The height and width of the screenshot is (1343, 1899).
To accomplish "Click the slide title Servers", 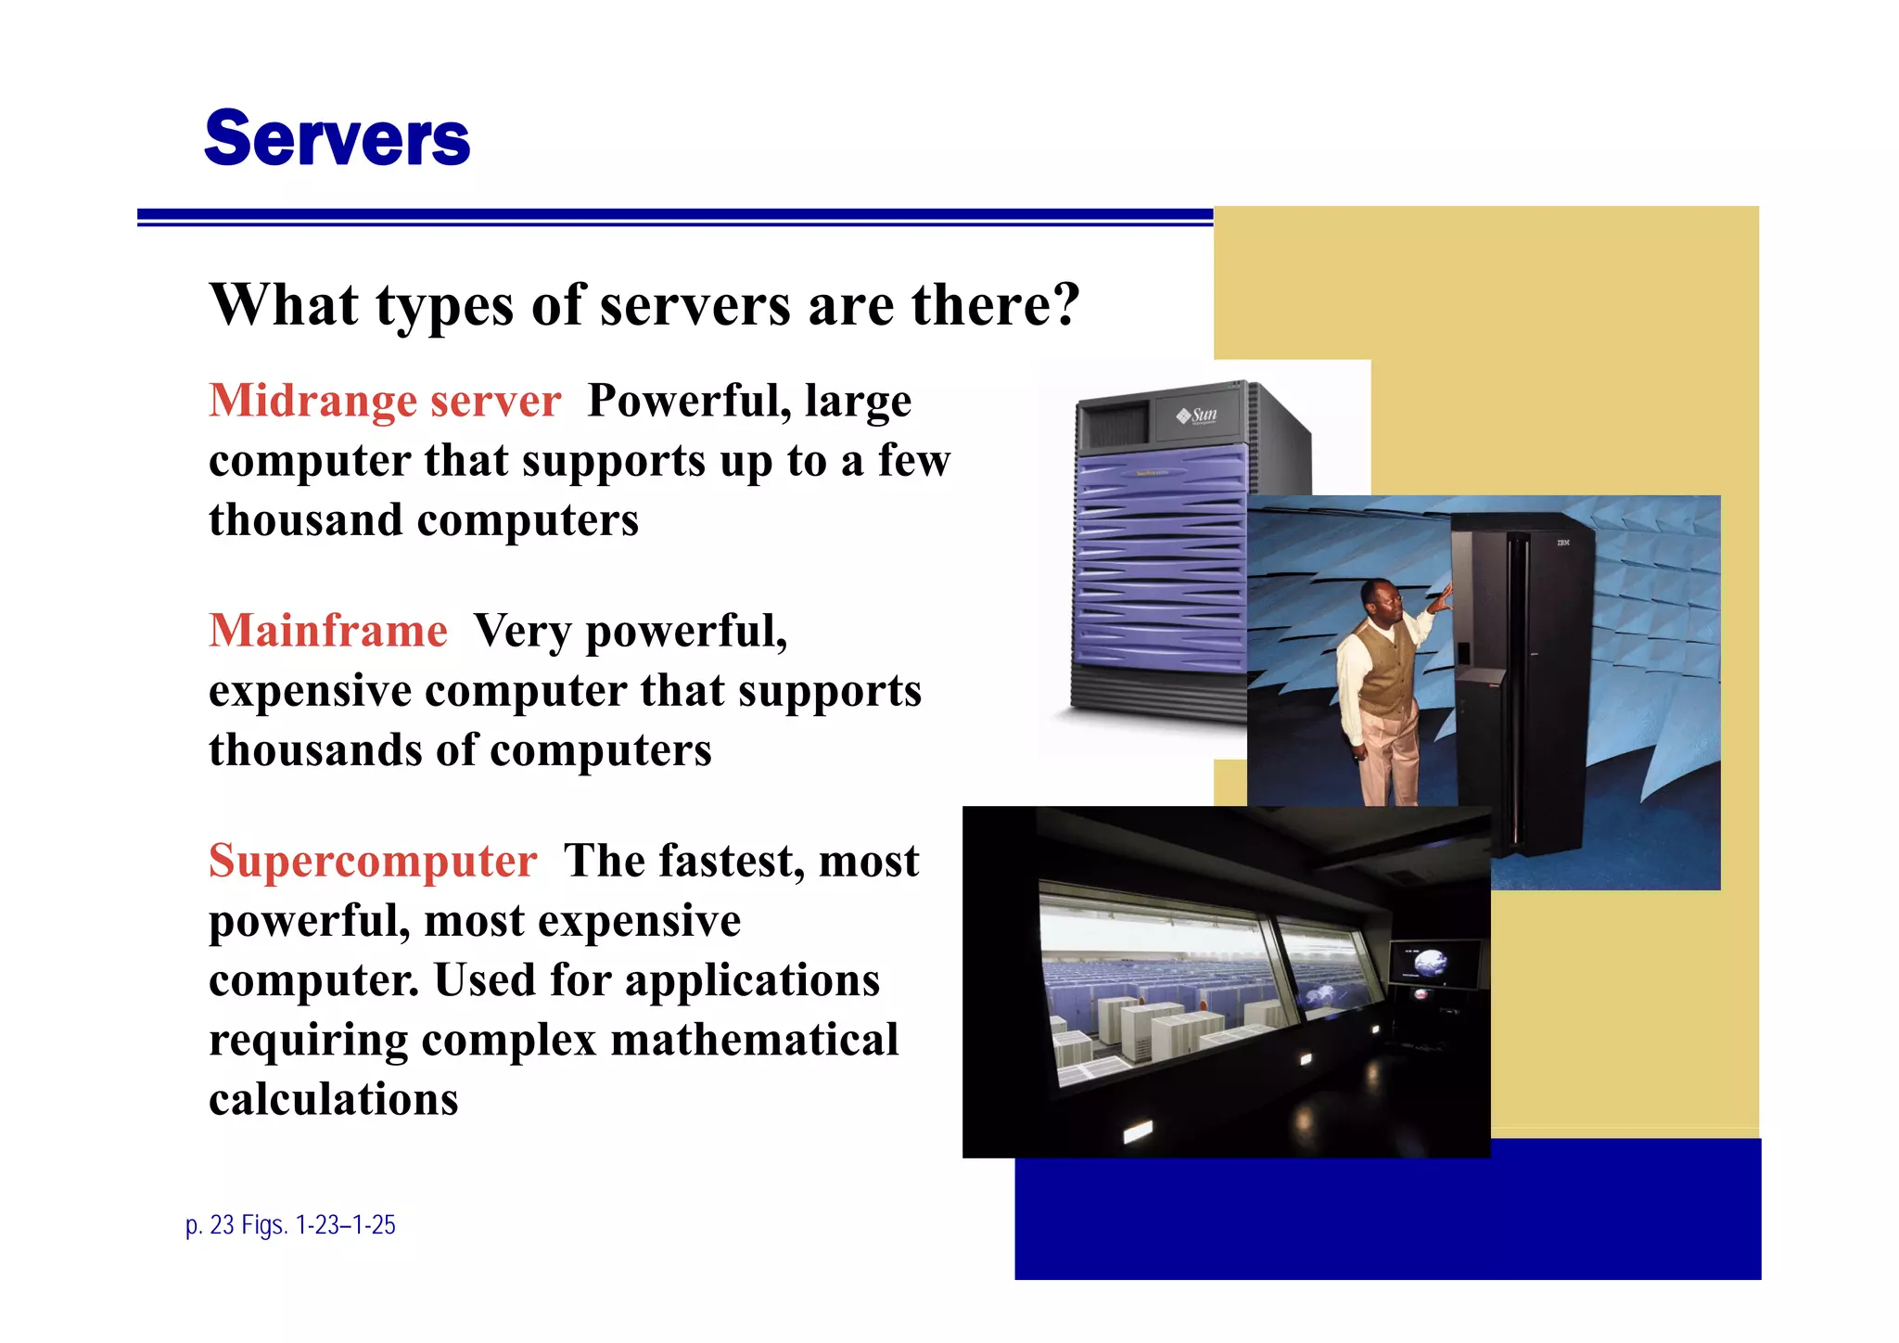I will pyautogui.click(x=337, y=139).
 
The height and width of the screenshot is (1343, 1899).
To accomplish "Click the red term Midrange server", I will pyautogui.click(x=385, y=402).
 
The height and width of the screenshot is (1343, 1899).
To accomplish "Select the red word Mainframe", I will pyautogui.click(x=328, y=632).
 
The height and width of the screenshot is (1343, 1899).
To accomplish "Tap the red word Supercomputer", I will pyautogui.click(x=373, y=862).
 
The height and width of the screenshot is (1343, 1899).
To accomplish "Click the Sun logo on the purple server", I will pyautogui.click(x=1197, y=416).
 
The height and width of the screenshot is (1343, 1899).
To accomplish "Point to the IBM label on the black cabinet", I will pyautogui.click(x=1562, y=542).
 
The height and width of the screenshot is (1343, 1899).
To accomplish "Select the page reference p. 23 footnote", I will pyautogui.click(x=290, y=1225).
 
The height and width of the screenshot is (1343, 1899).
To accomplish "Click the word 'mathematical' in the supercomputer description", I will pyautogui.click(x=754, y=1040).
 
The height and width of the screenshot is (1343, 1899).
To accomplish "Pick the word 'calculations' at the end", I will pyautogui.click(x=334, y=1100).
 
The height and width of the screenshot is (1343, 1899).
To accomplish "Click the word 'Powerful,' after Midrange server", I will pyautogui.click(x=689, y=402).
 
